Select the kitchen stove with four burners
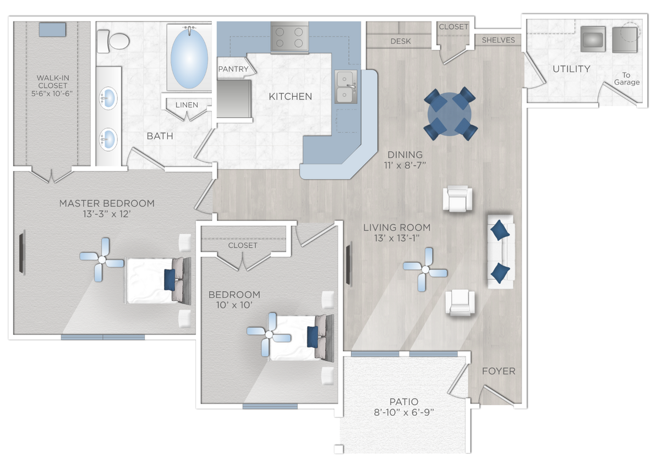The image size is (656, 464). (289, 37)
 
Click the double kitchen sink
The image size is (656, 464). (346, 87)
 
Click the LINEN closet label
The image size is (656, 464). (187, 104)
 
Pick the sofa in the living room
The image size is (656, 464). (500, 251)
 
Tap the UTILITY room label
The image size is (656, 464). (571, 69)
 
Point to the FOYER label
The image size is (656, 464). (499, 371)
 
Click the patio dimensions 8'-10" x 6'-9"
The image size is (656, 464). (404, 413)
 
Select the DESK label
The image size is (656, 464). (400, 41)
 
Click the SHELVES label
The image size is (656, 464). (498, 40)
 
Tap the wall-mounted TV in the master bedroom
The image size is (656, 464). (22, 252)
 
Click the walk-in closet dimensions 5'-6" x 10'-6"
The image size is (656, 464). (52, 93)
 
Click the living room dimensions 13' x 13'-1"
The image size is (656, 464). (396, 238)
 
